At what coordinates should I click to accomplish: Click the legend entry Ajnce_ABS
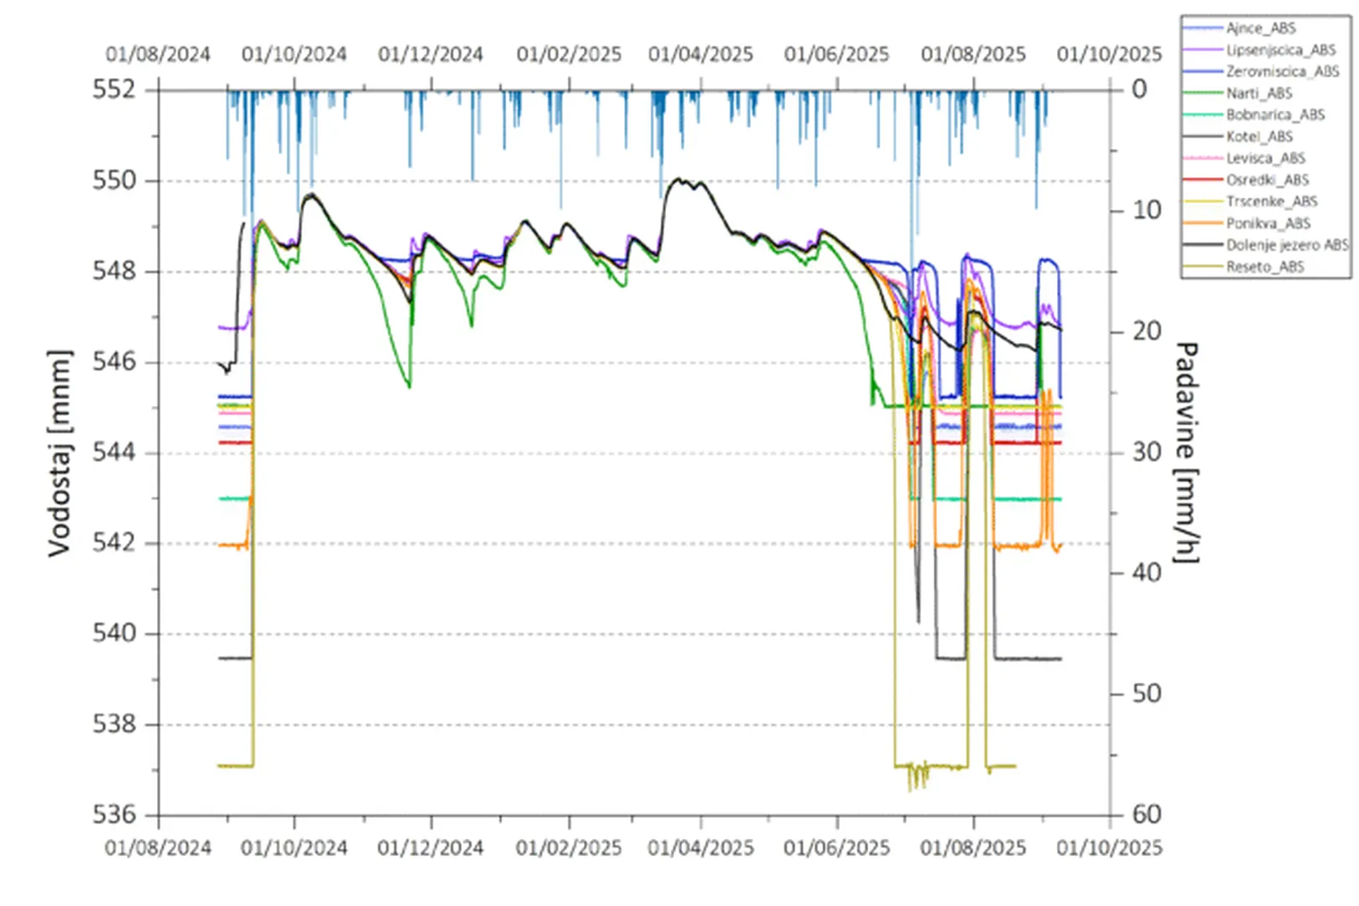pyautogui.click(x=1260, y=29)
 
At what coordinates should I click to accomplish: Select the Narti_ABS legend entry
pyautogui.click(x=1258, y=93)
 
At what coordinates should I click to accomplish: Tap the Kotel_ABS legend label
pyautogui.click(x=1259, y=137)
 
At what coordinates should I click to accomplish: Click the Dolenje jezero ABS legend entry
pyautogui.click(x=1286, y=245)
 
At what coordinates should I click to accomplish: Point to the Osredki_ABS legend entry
pyautogui.click(x=1267, y=180)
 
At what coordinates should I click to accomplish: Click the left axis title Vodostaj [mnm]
pyautogui.click(x=59, y=453)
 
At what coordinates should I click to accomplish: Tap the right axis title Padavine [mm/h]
pyautogui.click(x=1185, y=453)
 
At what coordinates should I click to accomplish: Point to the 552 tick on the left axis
pyautogui.click(x=113, y=89)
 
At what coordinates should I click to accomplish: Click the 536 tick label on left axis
pyautogui.click(x=113, y=815)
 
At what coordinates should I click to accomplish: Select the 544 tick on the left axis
pyautogui.click(x=113, y=452)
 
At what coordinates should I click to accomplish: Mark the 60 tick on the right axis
pyautogui.click(x=1147, y=815)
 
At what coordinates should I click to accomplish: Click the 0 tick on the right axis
pyautogui.click(x=1138, y=89)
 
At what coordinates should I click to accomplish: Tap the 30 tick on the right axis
pyautogui.click(x=1147, y=452)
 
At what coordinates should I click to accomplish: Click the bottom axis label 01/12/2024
pyautogui.click(x=430, y=848)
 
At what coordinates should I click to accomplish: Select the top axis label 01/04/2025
pyautogui.click(x=700, y=55)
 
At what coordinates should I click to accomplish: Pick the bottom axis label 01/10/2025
pyautogui.click(x=1109, y=848)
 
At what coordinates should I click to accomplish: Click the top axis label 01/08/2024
pyautogui.click(x=158, y=55)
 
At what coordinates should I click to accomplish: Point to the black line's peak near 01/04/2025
pyautogui.click(x=678, y=179)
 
